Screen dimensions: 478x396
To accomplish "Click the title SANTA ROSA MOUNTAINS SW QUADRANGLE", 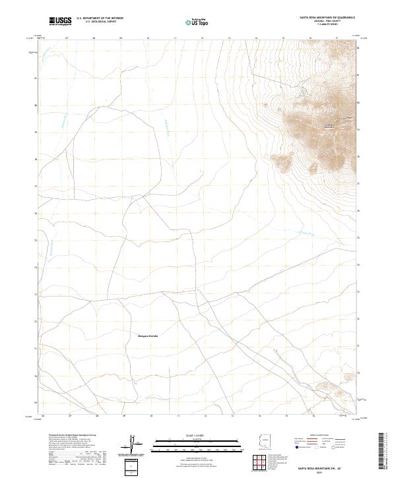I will (x=323, y=18).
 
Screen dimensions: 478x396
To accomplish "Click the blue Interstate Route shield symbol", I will (x=296, y=446).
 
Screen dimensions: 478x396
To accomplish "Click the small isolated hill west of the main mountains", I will (x=282, y=160).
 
